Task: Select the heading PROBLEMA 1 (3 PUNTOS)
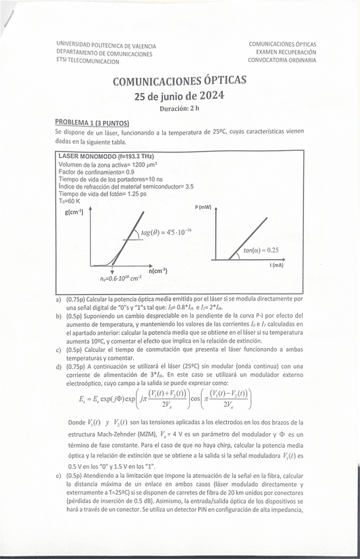pyautogui.click(x=92, y=123)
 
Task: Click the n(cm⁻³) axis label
pyautogui.click(x=158, y=270)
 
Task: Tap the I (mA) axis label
pyautogui.click(x=276, y=264)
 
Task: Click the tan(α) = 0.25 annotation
pyautogui.click(x=260, y=250)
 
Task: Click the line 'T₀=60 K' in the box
pyautogui.click(x=69, y=201)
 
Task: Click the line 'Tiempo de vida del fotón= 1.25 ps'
pyautogui.click(x=102, y=194)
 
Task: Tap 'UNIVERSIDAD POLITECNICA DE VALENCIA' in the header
pyautogui.click(x=106, y=45)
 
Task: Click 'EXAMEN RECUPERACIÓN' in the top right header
pyautogui.click(x=282, y=51)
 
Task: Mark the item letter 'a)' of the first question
pyautogui.click(x=60, y=299)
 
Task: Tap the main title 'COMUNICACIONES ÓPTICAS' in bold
pyautogui.click(x=179, y=81)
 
